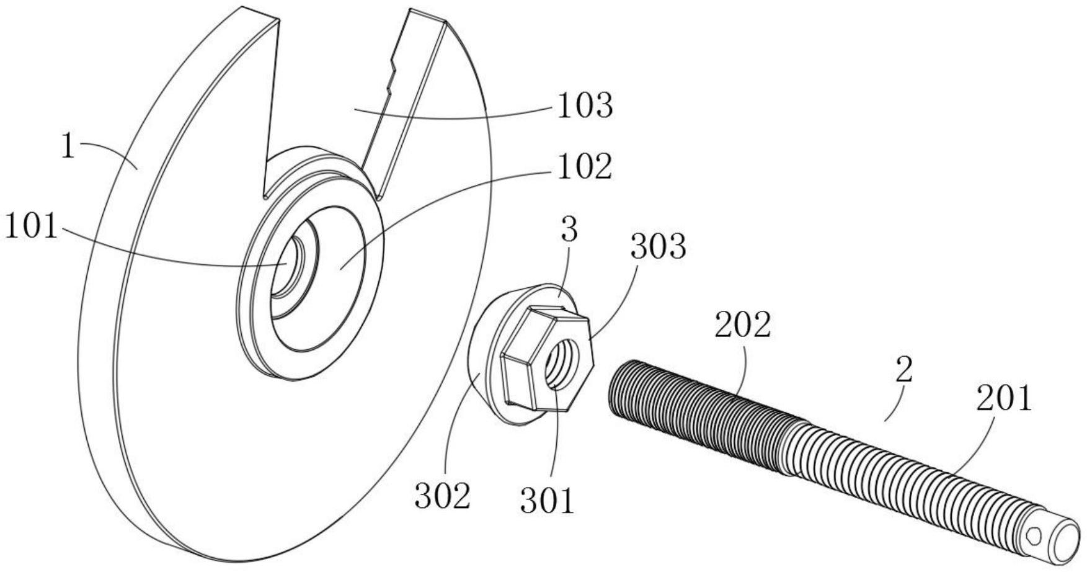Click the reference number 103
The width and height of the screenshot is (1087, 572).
pyautogui.click(x=585, y=106)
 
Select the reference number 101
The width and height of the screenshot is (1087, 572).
pyautogui.click(x=31, y=228)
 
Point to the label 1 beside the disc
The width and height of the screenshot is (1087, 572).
pyautogui.click(x=68, y=148)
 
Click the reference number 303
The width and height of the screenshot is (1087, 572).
pyautogui.click(x=658, y=247)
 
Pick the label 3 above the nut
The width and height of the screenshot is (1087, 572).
pyautogui.click(x=569, y=230)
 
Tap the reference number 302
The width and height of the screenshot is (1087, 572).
pyautogui.click(x=442, y=496)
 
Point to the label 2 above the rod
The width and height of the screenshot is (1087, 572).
pyautogui.click(x=905, y=370)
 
